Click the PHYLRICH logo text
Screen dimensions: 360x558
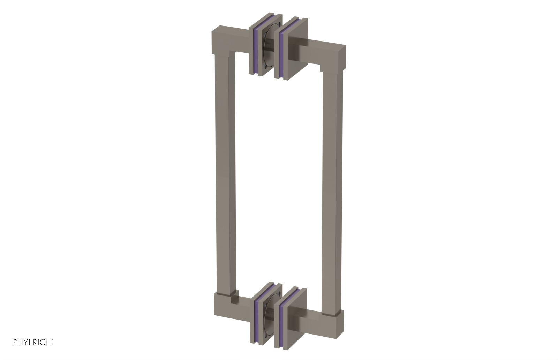33,342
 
